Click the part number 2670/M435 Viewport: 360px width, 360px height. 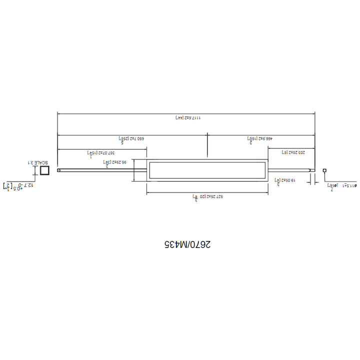click(187, 244)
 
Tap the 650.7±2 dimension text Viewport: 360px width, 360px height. click(131, 138)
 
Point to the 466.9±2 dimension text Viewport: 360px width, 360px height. click(259, 138)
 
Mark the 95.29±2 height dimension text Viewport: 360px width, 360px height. click(114, 163)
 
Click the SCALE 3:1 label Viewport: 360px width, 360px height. click(38, 163)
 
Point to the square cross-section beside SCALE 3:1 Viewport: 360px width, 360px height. click(44, 170)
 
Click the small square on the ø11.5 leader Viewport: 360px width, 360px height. click(324, 170)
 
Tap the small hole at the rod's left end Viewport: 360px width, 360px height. click(59, 170)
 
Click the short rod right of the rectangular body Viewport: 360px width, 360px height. click(290, 170)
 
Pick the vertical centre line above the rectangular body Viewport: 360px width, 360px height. click(207, 147)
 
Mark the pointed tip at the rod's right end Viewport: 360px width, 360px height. click(314, 170)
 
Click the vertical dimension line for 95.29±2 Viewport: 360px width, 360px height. click(134, 170)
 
